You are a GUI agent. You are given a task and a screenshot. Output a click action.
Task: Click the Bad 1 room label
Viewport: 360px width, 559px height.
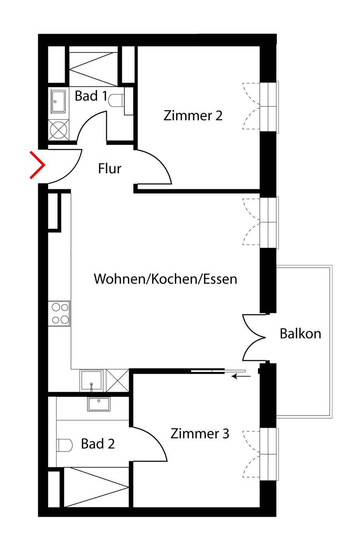[91, 96]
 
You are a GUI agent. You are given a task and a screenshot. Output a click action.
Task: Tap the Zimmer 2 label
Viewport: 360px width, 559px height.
[193, 116]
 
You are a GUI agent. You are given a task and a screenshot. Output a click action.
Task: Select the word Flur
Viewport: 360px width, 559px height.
[109, 168]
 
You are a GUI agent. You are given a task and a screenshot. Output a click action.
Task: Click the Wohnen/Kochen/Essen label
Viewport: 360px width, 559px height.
[165, 279]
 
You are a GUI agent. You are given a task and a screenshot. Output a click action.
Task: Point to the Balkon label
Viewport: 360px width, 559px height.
[300, 333]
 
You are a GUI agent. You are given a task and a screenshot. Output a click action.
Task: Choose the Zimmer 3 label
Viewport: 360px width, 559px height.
[200, 434]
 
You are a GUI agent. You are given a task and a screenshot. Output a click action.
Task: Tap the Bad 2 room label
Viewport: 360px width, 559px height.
[98, 444]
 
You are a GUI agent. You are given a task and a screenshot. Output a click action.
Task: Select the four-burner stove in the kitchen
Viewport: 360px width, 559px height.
[59, 313]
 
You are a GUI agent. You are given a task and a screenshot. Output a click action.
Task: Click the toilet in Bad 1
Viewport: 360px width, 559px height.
[116, 101]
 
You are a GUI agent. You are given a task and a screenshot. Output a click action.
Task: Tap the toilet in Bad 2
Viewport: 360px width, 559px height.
[64, 445]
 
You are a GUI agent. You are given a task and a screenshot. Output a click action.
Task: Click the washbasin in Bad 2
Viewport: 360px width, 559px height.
[99, 404]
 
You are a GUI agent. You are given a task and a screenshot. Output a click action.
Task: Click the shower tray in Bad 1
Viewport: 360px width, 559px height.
[93, 64]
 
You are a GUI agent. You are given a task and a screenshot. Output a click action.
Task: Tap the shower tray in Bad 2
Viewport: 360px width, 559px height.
[95, 487]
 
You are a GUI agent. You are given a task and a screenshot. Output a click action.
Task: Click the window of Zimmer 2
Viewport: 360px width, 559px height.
[269, 106]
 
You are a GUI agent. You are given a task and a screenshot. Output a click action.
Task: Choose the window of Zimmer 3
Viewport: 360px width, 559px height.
[269, 453]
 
